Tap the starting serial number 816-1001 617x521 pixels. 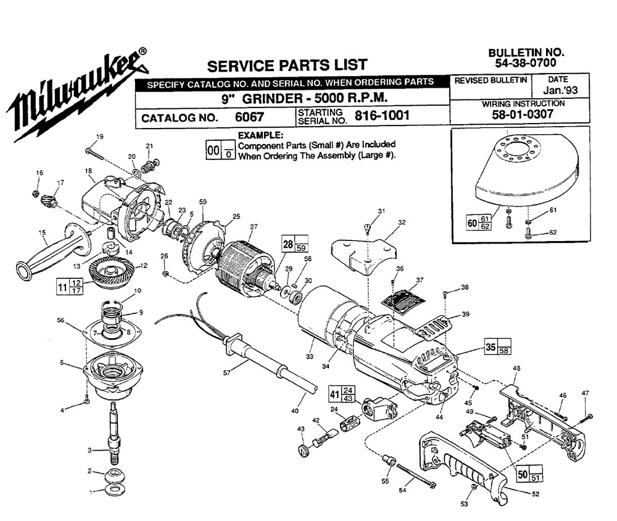pos(381,116)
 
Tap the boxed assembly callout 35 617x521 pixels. pos(491,347)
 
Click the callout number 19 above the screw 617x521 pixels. pos(99,136)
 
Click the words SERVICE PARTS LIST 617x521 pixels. pos(287,65)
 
